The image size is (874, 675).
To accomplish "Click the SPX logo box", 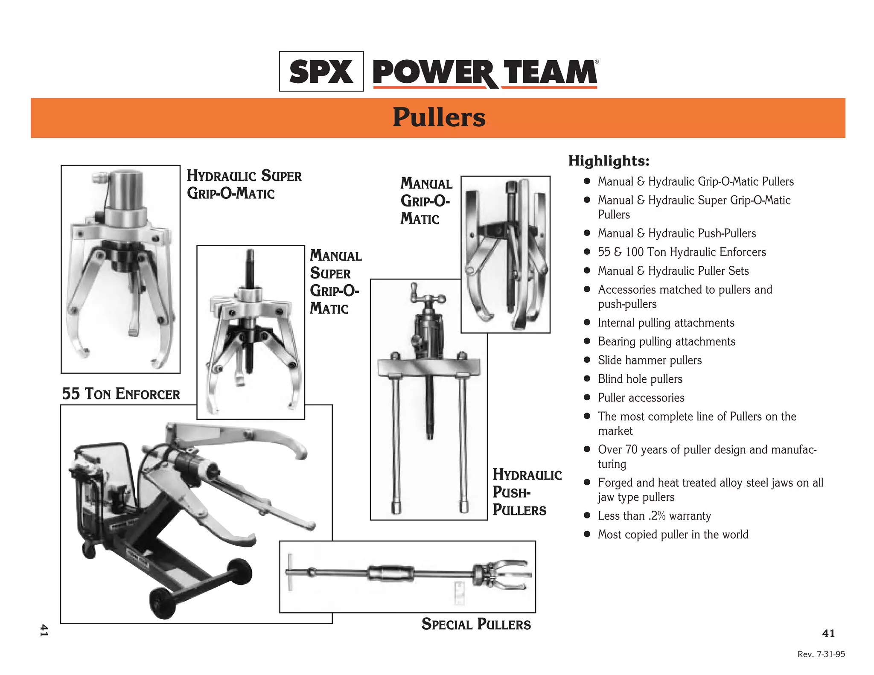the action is (x=321, y=71).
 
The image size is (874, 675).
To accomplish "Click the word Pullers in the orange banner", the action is (x=439, y=117).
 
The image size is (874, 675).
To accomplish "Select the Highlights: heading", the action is (x=609, y=161).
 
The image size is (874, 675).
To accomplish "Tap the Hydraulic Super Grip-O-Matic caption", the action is (x=244, y=184).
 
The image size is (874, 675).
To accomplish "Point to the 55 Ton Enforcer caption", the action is (x=121, y=394).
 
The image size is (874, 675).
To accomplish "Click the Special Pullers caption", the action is (x=476, y=624).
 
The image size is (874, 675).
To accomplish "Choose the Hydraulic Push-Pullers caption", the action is (x=527, y=492).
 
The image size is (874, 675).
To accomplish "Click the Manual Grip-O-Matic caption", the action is (x=426, y=201).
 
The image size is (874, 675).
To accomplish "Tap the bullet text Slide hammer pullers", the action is (x=650, y=360).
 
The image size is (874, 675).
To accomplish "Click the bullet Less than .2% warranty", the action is (x=654, y=516).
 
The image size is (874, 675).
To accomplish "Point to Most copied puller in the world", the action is (x=673, y=535).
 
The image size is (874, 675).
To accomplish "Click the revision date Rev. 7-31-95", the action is (x=821, y=654).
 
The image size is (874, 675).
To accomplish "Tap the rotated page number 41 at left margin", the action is (x=44, y=631).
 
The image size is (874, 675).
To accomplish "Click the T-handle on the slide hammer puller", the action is (x=291, y=572).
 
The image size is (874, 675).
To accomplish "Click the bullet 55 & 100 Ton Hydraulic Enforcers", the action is (x=682, y=252).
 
